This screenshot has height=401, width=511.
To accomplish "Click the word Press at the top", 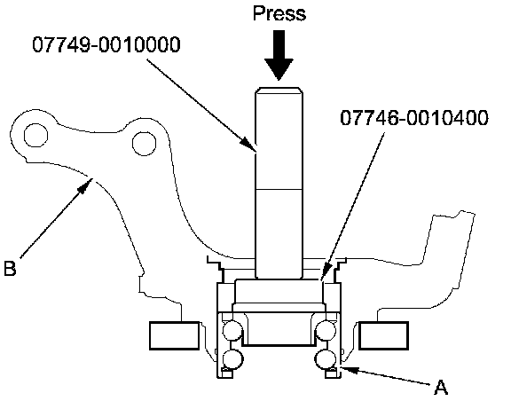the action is (279, 13).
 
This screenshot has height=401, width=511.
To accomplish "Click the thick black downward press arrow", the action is (279, 55).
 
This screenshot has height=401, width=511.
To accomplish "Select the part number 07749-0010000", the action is (106, 44).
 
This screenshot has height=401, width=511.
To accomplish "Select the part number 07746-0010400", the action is (414, 117).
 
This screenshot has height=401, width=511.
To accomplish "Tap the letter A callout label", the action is (441, 388).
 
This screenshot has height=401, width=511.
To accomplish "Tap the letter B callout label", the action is (10, 268).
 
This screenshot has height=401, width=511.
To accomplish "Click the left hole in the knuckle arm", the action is (35, 135).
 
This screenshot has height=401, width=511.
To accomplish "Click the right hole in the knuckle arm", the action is (144, 143).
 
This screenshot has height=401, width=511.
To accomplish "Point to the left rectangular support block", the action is (175, 335).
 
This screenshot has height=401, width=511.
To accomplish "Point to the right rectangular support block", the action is (383, 335).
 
